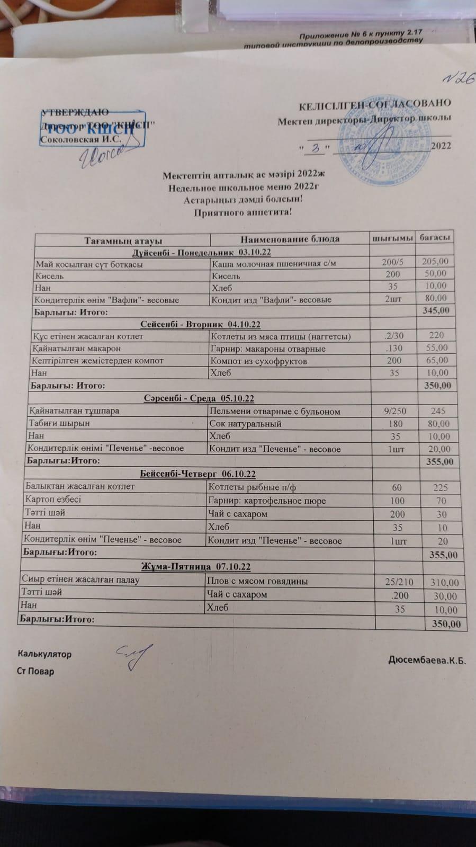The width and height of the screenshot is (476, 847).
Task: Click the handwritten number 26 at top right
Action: (459, 78)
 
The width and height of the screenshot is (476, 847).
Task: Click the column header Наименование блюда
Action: (290, 239)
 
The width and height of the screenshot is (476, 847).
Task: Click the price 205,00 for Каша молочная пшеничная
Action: (435, 261)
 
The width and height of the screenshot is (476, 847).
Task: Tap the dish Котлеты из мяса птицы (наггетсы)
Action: (281, 336)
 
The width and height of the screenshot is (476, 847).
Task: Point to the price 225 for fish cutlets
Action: (440, 487)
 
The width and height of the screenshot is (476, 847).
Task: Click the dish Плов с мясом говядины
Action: (257, 581)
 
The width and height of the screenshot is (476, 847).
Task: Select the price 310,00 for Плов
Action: (444, 582)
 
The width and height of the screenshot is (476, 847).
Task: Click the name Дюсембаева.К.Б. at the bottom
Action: (427, 661)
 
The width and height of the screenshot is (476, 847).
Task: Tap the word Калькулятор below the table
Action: (45, 654)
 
